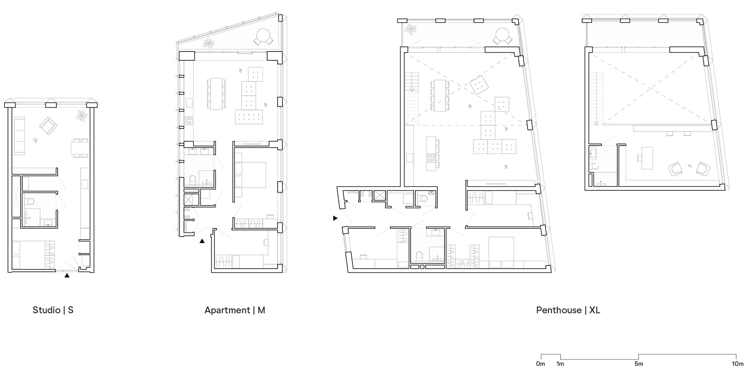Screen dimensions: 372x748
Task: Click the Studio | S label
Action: (x=53, y=310)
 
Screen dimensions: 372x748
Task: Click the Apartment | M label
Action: (x=235, y=310)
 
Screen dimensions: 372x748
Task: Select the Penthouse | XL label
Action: (x=568, y=310)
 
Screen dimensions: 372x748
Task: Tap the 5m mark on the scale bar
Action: (x=638, y=364)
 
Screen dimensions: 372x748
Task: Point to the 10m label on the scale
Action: (x=737, y=364)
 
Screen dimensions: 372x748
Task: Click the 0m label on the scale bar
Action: (x=540, y=364)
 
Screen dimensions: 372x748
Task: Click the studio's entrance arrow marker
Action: (x=67, y=276)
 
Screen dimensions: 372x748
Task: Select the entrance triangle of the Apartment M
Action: (x=202, y=241)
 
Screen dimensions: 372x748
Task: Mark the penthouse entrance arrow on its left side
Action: (x=335, y=218)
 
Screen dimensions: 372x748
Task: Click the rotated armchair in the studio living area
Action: (x=48, y=126)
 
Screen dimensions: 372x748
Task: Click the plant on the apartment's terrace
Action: (x=209, y=43)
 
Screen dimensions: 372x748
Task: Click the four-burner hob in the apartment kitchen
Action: (x=189, y=120)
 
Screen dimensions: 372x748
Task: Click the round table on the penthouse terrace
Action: (x=502, y=35)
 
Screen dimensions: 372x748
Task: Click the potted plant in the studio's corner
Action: (x=82, y=116)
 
